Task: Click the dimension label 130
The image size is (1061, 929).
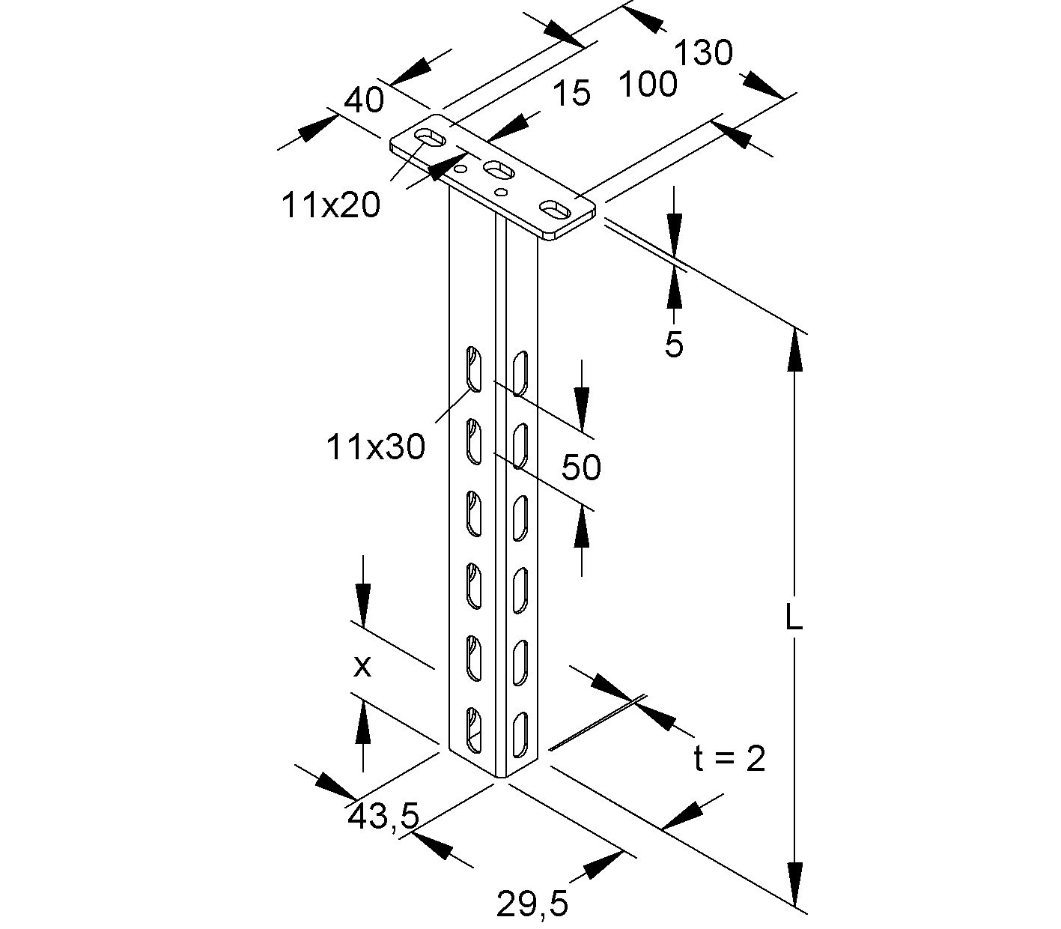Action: [703, 53]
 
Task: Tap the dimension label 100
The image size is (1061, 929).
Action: [648, 84]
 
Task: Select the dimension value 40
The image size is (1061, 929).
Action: [364, 100]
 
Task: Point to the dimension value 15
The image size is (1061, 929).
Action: [572, 94]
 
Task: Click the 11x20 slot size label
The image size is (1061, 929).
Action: [330, 205]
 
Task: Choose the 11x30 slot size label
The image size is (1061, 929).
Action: [375, 447]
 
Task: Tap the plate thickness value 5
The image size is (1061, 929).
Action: [674, 344]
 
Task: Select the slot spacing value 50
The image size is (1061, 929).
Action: [581, 467]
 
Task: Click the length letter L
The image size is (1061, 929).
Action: [794, 618]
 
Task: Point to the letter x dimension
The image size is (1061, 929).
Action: [362, 665]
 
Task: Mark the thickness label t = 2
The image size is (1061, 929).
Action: [729, 759]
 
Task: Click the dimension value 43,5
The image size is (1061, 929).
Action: [383, 816]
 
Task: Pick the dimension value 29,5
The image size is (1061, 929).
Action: [532, 904]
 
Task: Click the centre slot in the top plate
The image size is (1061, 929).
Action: [498, 171]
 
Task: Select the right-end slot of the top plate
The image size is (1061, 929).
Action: [556, 208]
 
